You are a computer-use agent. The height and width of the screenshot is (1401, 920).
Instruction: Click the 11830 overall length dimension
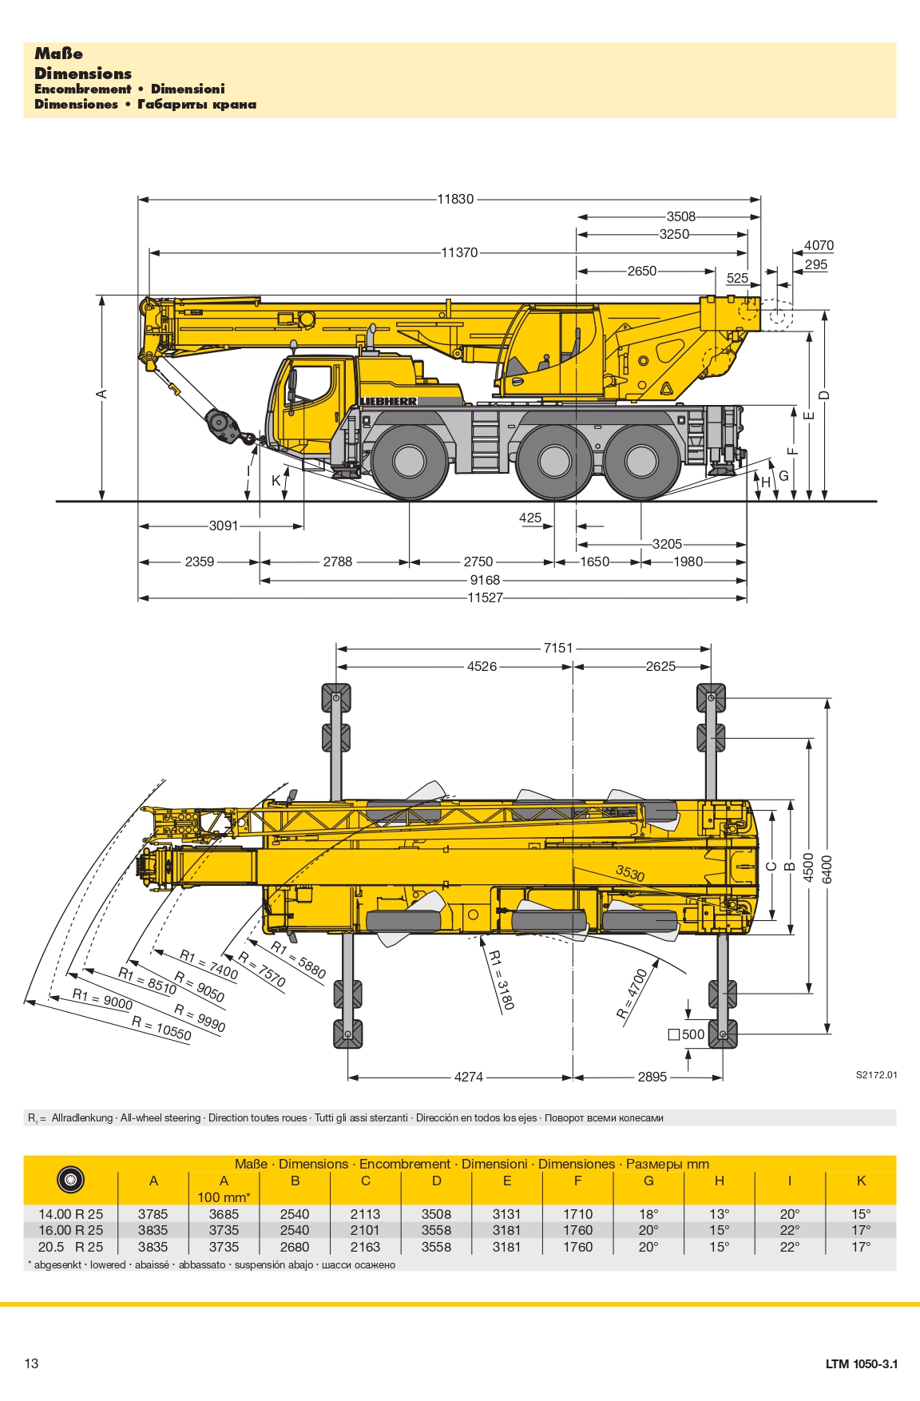coord(455,199)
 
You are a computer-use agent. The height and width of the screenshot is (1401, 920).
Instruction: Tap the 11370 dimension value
coord(459,252)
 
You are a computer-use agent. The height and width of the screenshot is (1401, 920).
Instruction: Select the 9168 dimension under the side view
coord(485,580)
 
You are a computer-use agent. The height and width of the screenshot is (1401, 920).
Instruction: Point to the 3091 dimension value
coord(224,526)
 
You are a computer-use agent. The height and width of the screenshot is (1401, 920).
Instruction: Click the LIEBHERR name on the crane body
coord(388,401)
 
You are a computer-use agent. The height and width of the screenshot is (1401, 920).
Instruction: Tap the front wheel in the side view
coord(409,461)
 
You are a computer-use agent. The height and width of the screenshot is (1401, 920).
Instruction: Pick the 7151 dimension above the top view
coord(558,648)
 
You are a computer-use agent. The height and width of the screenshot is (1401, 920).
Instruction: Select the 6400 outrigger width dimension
coord(827,869)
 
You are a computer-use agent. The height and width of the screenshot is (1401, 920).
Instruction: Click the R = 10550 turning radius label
coord(161,1029)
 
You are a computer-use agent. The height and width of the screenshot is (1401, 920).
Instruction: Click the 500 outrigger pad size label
coord(687,1034)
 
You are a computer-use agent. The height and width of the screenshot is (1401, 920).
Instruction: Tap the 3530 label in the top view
coord(630,873)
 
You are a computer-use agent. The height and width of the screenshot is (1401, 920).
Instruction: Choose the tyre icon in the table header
coord(70,1180)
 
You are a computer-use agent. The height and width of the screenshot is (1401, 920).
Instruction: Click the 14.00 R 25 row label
coord(70,1214)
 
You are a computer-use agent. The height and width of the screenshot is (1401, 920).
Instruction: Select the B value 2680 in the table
coord(295,1247)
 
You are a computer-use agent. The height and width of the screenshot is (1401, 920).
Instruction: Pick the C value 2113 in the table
coord(365,1214)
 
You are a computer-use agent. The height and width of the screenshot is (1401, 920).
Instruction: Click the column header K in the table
coord(860,1181)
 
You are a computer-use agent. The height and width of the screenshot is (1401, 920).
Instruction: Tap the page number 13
coord(31,1363)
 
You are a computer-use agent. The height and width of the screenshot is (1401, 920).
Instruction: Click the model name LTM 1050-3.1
coord(861,1363)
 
